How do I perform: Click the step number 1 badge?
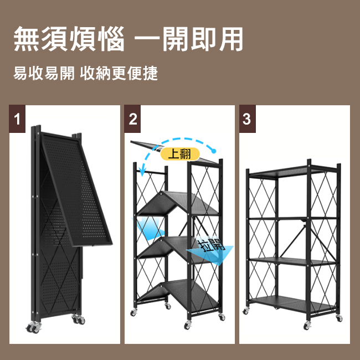pos(17,119)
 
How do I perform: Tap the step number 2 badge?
pos(132,119)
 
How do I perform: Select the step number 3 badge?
pos(247,119)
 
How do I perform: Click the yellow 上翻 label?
pos(180,154)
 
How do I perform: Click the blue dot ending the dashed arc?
pos(214,151)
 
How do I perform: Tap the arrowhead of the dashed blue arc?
pos(142,171)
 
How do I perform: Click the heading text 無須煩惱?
pos(69,39)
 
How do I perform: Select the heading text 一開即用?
pos(189,39)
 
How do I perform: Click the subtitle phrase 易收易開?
pos(44,74)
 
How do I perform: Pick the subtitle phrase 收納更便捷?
pos(119,74)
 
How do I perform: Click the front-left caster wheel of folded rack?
pos(34,327)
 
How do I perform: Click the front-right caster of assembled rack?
pos(339,318)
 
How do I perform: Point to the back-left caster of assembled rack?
pos(246,311)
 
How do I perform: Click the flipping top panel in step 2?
pos(147,145)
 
